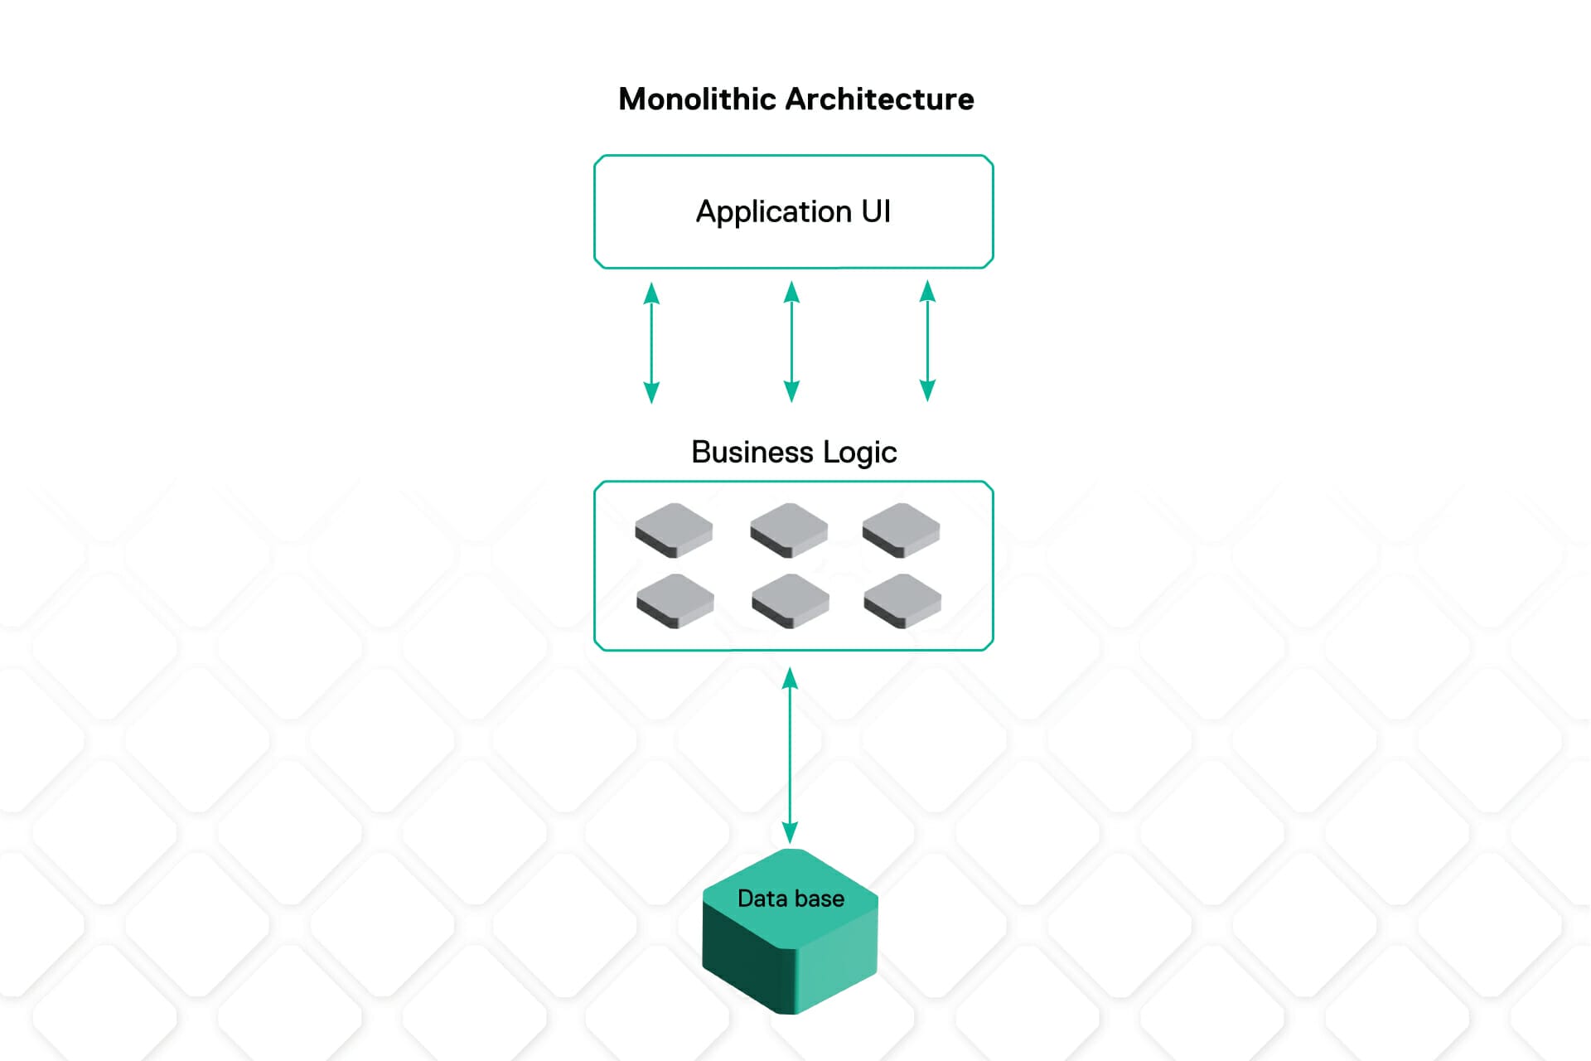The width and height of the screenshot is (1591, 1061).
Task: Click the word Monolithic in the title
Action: tap(698, 99)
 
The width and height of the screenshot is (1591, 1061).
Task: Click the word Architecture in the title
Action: tap(879, 99)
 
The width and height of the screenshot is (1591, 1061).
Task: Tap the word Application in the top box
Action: tap(773, 212)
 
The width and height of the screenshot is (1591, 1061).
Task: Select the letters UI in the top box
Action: tap(876, 211)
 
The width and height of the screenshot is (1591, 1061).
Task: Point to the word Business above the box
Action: tap(752, 452)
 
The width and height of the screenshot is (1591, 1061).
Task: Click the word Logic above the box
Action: tap(859, 453)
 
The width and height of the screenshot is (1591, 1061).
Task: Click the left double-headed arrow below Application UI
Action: tap(652, 342)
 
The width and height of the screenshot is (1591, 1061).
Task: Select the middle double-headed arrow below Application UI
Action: tap(791, 342)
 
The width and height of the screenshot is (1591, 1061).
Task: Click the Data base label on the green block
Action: tap(791, 899)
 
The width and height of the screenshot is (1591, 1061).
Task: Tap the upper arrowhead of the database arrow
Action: tap(790, 680)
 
